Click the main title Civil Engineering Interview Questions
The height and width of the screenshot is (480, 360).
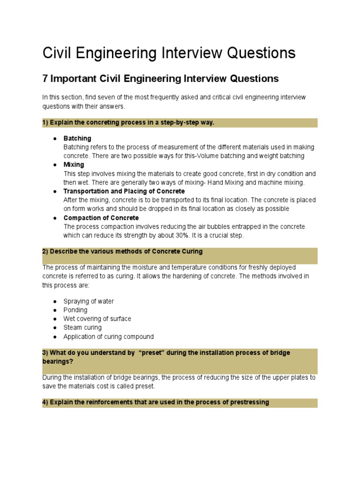(169, 53)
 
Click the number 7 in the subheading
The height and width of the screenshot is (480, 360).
(45, 78)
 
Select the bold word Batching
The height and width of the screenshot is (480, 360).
(77, 138)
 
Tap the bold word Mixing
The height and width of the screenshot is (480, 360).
(74, 165)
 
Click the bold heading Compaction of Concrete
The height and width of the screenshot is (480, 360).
(101, 218)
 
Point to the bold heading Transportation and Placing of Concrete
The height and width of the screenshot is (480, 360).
(124, 191)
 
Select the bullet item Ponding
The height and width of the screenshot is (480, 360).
(75, 310)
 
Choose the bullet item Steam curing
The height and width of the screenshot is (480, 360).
(82, 328)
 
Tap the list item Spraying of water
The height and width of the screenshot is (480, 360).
(88, 301)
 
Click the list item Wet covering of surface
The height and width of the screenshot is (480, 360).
(97, 319)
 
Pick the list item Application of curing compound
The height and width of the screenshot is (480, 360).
(108, 337)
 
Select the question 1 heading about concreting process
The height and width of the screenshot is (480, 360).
(128, 123)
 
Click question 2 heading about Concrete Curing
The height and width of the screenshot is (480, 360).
(122, 251)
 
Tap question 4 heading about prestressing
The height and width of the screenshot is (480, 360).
(155, 402)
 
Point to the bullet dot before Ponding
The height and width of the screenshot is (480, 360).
(55, 310)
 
